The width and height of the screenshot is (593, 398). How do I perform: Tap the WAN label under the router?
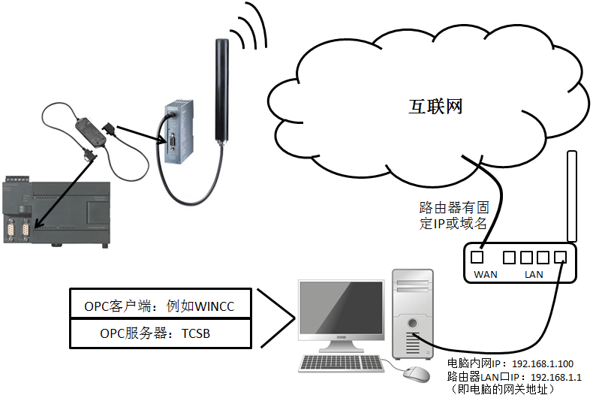click(486, 274)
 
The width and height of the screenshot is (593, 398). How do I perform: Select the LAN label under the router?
click(534, 274)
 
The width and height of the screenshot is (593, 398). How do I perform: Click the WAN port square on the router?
click(477, 258)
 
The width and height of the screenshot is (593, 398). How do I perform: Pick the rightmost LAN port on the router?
click(559, 258)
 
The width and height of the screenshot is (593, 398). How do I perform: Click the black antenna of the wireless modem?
click(221, 90)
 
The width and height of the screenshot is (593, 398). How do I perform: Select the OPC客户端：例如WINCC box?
click(159, 306)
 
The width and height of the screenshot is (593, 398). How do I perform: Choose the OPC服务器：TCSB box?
click(159, 333)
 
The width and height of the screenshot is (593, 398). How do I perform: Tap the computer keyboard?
click(342, 363)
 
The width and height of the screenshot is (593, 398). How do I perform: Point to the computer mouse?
click(414, 372)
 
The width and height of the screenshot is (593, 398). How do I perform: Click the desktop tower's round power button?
click(413, 325)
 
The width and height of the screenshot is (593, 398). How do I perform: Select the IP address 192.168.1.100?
click(543, 363)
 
